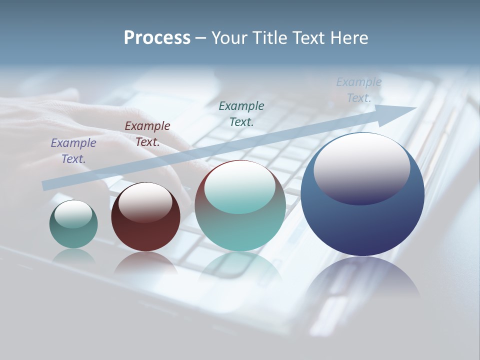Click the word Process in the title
point(157,38)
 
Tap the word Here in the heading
point(349,38)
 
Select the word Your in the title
point(230,38)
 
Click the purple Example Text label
point(73,150)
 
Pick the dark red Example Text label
point(147,133)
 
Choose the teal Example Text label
point(241,113)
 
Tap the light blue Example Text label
point(358,90)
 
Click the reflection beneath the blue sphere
point(363,280)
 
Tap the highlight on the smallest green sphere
point(73,213)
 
